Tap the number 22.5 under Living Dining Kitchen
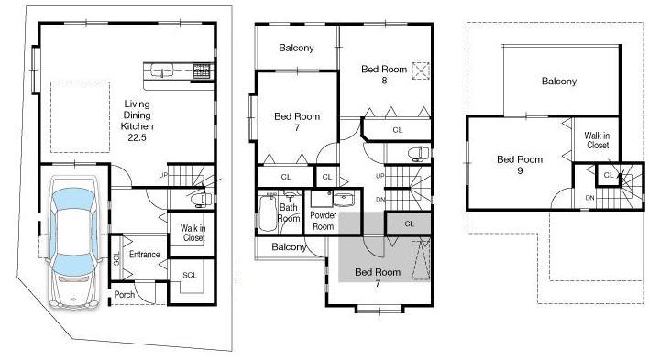(x=137, y=137)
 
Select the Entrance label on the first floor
(x=144, y=254)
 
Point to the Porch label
(x=125, y=294)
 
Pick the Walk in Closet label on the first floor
(x=192, y=233)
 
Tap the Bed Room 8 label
(x=383, y=74)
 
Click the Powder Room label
(x=324, y=221)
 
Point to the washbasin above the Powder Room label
(x=344, y=201)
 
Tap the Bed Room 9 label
(x=520, y=165)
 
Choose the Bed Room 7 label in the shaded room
(x=377, y=278)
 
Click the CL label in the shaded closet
(x=408, y=224)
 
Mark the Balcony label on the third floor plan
(x=559, y=82)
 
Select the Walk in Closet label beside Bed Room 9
(x=598, y=140)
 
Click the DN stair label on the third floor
(x=589, y=198)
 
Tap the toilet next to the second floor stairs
(x=417, y=153)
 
